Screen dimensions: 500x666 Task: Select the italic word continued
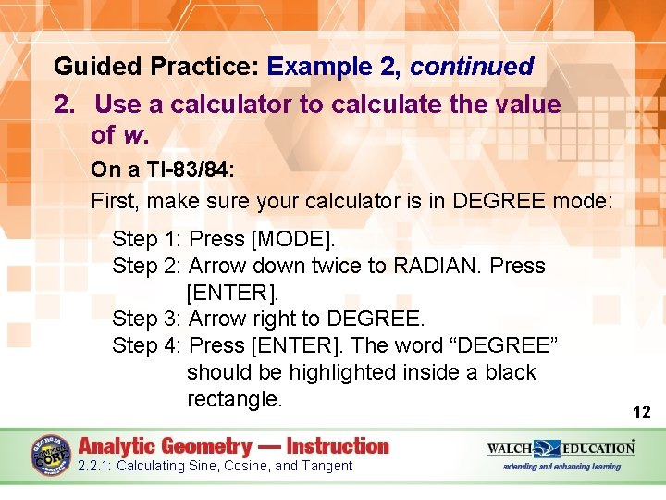click(x=472, y=67)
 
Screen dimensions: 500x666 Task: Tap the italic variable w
click(x=133, y=135)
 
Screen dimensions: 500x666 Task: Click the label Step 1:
click(x=146, y=238)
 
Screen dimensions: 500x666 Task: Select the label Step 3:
click(x=146, y=319)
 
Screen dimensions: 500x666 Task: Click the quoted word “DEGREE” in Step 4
click(x=502, y=345)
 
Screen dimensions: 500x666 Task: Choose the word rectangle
click(x=234, y=399)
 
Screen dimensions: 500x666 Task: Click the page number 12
click(x=641, y=411)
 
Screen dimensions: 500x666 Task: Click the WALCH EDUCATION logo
click(x=561, y=449)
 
